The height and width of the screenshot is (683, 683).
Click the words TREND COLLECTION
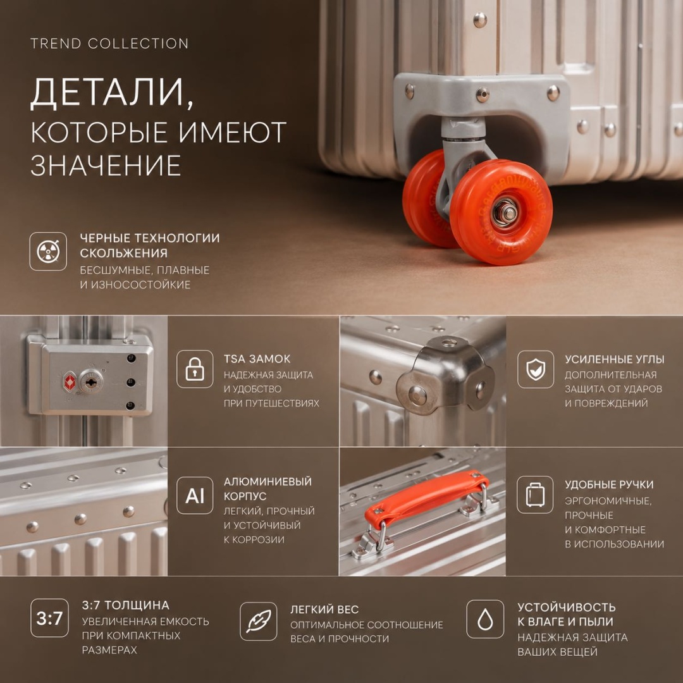click(x=109, y=44)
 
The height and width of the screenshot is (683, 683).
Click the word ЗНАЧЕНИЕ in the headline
click(x=106, y=166)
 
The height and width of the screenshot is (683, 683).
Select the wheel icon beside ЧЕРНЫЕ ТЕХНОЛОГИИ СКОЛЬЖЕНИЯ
click(x=48, y=251)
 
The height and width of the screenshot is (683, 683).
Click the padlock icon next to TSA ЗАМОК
click(x=195, y=369)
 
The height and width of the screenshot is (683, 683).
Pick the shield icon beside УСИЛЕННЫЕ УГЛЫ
click(x=536, y=369)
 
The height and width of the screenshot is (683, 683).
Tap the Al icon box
click(x=195, y=495)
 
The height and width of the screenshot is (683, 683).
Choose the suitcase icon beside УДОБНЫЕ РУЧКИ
click(x=536, y=495)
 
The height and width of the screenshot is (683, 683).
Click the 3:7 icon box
click(x=49, y=618)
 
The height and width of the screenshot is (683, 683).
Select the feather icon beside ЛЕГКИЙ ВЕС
click(x=258, y=621)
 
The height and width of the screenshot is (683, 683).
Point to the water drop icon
click(x=485, y=619)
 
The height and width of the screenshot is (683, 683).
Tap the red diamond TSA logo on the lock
click(x=70, y=382)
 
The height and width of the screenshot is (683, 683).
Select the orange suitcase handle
click(x=426, y=498)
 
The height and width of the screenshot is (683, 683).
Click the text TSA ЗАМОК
click(x=257, y=359)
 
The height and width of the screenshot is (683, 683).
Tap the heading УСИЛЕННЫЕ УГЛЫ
click(x=614, y=359)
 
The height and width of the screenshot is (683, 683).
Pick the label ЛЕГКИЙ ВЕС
click(x=324, y=610)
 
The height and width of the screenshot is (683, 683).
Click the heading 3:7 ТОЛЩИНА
click(x=125, y=605)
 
